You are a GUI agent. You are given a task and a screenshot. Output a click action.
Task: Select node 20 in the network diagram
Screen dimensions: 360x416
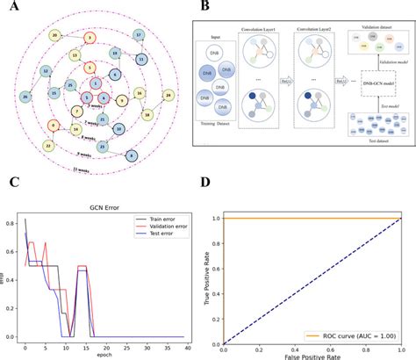point(54,35)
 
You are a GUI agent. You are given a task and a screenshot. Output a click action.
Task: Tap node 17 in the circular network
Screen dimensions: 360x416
point(139,34)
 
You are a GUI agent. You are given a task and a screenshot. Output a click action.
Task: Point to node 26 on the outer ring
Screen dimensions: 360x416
point(25,95)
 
